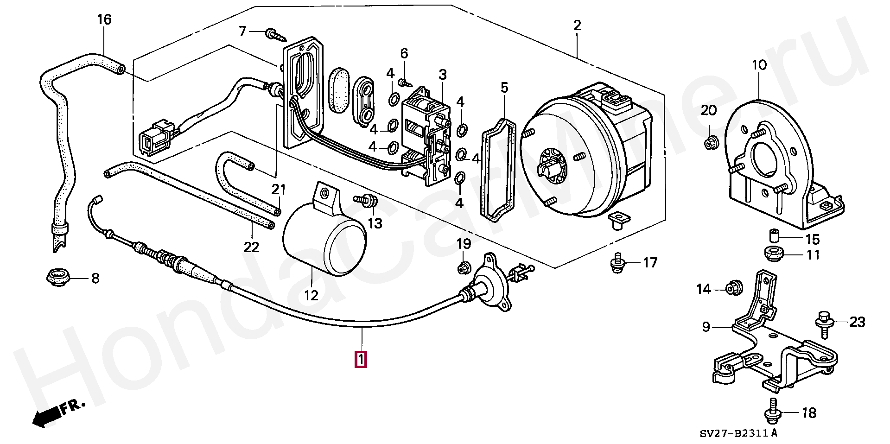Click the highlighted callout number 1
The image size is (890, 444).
pyautogui.click(x=361, y=360)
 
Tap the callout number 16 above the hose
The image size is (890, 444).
pyautogui.click(x=104, y=20)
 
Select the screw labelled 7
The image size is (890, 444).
pyautogui.click(x=273, y=33)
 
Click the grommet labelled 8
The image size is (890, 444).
pyautogui.click(x=59, y=277)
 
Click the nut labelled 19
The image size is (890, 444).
pyautogui.click(x=464, y=267)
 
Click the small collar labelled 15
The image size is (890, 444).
pyautogui.click(x=773, y=235)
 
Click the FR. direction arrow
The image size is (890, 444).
pyautogui.click(x=58, y=412)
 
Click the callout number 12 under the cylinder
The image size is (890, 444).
pyautogui.click(x=311, y=295)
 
